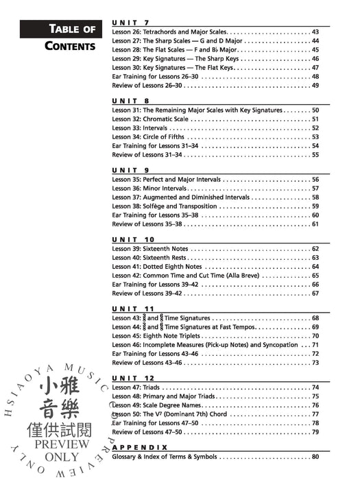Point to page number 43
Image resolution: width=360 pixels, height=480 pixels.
point(315,32)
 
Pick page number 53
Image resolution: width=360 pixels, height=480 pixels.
point(315,136)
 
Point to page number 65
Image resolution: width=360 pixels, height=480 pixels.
point(315,275)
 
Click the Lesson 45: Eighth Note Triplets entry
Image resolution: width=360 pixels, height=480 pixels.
point(157,336)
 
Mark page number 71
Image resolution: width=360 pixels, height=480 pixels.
point(315,345)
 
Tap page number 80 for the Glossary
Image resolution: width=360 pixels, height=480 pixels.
point(315,457)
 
